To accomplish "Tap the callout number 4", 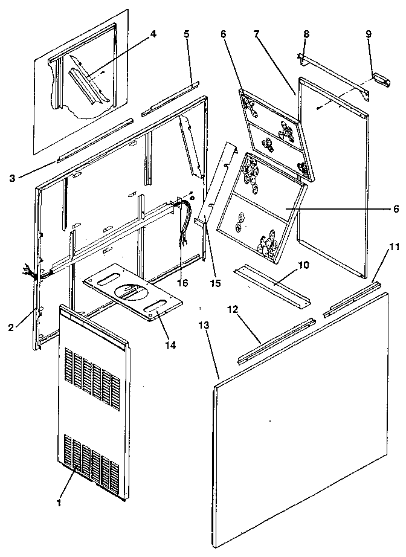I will [x=153, y=34].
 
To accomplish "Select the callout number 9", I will [x=368, y=34].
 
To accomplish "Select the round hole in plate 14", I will [x=129, y=291].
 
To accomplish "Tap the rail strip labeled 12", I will [x=275, y=341].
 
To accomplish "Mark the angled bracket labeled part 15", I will [x=215, y=181].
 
